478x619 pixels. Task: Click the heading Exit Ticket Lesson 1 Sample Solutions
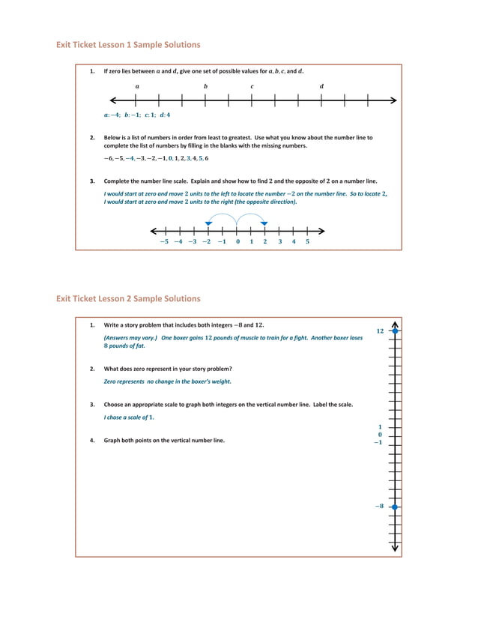click(x=128, y=45)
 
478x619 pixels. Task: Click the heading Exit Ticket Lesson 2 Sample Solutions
click(x=128, y=298)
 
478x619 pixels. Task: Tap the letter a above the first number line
click(x=137, y=86)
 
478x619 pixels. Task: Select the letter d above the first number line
click(x=321, y=86)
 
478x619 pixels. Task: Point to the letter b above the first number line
click(x=205, y=86)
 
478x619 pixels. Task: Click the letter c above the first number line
click(x=252, y=86)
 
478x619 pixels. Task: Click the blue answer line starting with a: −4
click(x=137, y=115)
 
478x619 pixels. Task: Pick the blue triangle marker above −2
click(x=208, y=223)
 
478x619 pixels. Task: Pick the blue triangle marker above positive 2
click(x=264, y=223)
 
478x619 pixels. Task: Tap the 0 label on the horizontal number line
click(x=238, y=241)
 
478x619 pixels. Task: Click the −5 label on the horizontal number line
click(x=164, y=241)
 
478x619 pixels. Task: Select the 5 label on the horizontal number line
click(x=307, y=241)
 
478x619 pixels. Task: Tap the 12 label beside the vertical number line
click(x=380, y=330)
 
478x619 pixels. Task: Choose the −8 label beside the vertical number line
click(x=379, y=507)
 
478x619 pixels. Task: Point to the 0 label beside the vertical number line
click(x=380, y=435)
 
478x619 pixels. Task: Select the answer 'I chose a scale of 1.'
click(x=126, y=417)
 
